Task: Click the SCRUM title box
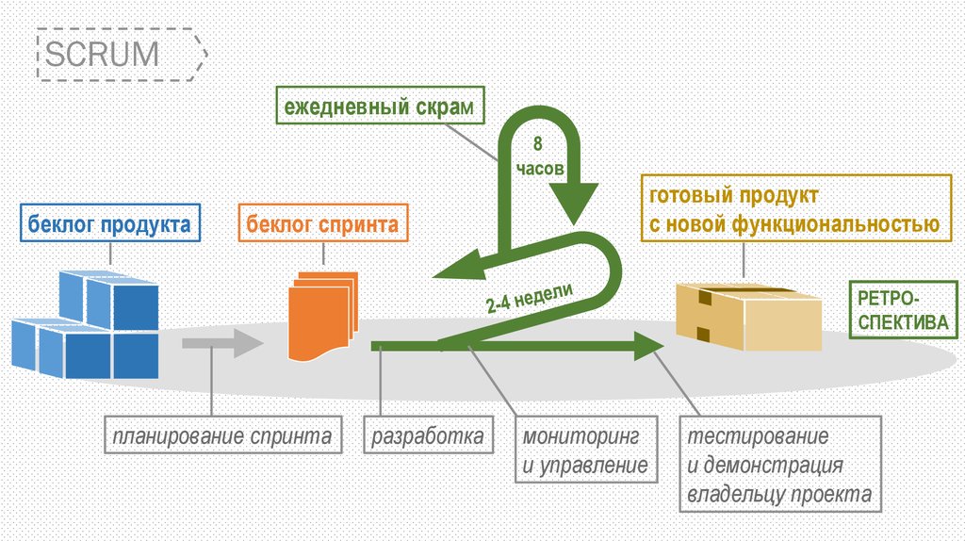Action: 120,54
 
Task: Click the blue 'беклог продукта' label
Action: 109,225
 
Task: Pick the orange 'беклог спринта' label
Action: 322,225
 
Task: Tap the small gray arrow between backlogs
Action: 221,343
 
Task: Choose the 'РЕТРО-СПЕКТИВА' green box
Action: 902,309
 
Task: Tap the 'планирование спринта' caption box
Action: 221,436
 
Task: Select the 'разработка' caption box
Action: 428,436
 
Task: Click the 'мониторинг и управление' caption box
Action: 585,451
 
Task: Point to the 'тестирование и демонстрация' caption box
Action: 777,466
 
